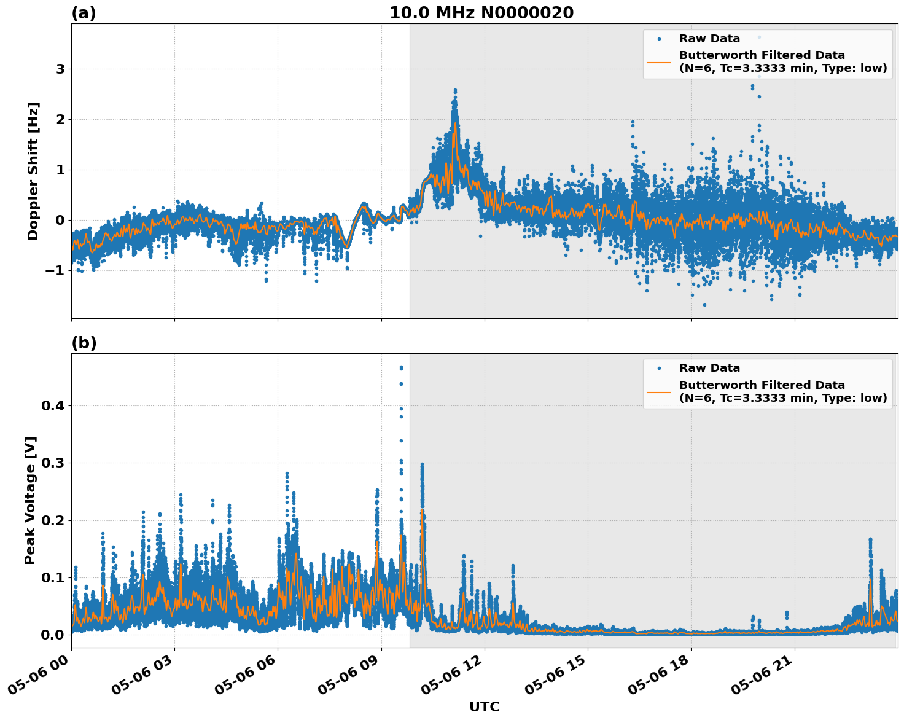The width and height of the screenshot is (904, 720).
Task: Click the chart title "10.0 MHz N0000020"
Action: click(481, 13)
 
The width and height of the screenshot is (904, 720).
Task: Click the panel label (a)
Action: click(84, 13)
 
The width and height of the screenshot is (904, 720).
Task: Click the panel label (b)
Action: click(84, 343)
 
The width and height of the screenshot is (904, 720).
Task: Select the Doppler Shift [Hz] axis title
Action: click(33, 171)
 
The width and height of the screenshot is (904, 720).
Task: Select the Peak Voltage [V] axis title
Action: click(31, 500)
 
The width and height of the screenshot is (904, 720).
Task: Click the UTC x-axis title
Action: click(484, 706)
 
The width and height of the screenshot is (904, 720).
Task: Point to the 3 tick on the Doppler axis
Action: click(60, 69)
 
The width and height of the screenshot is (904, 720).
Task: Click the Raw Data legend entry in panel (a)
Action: click(709, 39)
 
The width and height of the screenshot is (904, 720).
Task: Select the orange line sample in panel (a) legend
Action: click(659, 61)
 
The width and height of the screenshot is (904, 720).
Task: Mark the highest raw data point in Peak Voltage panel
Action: click(401, 367)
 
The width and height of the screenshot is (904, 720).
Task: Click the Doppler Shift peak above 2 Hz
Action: click(455, 91)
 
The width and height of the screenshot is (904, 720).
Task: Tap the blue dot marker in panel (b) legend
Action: click(659, 369)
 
